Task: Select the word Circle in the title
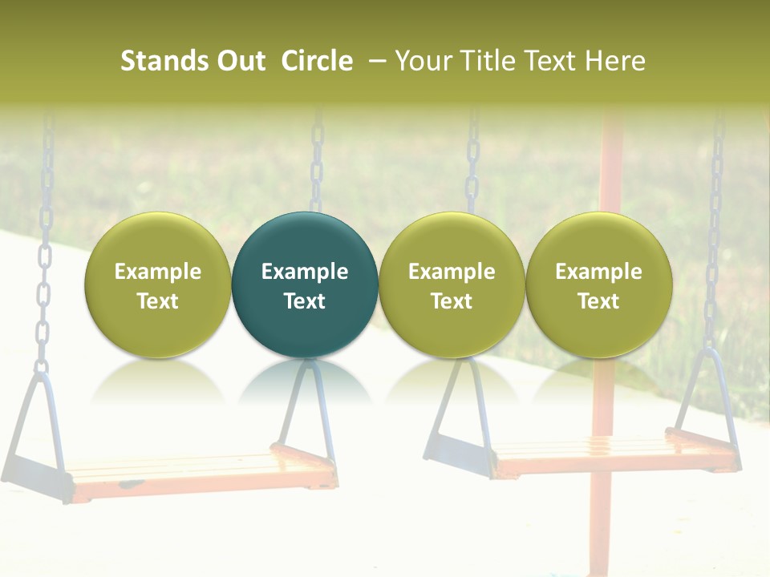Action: click(317, 61)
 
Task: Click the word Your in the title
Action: click(423, 61)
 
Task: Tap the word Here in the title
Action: click(614, 61)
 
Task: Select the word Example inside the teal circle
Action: click(305, 272)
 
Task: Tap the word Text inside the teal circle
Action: click(305, 301)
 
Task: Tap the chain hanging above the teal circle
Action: click(318, 160)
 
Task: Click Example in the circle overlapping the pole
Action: click(598, 272)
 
